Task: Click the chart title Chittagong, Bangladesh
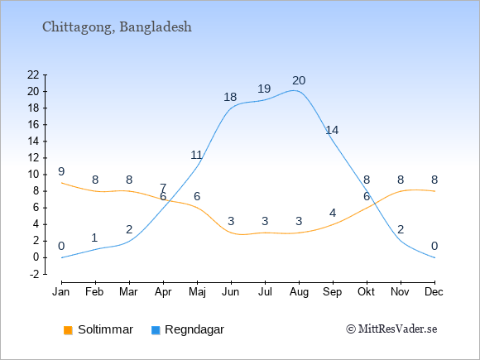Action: (117, 27)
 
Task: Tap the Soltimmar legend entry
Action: (98, 329)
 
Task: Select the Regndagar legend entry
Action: (188, 329)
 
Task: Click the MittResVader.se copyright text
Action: (391, 329)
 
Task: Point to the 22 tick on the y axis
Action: (33, 74)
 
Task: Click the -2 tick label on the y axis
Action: (34, 274)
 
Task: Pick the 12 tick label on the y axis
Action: (33, 158)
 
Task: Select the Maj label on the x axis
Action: (197, 292)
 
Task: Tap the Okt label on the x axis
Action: (367, 292)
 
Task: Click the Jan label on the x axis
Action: (61, 292)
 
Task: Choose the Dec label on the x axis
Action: (434, 292)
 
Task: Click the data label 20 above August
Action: (299, 81)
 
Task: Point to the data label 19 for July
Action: (264, 89)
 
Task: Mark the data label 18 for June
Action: (230, 98)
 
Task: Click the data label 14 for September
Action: (332, 131)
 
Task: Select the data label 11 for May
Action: (196, 156)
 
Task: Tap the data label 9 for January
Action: (61, 172)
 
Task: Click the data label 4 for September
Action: (333, 213)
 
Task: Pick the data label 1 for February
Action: (94, 238)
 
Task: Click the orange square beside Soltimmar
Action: (68, 330)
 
